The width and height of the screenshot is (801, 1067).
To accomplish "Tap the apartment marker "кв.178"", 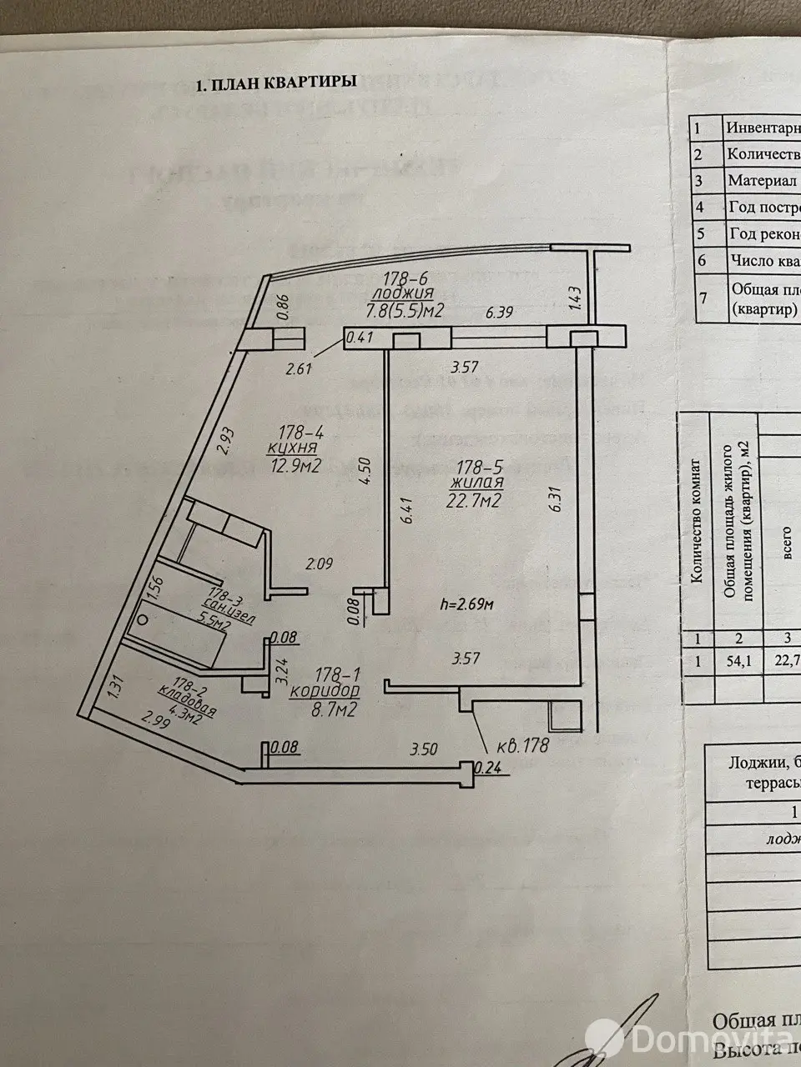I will (521, 745).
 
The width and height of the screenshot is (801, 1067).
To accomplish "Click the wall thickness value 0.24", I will (483, 768).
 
